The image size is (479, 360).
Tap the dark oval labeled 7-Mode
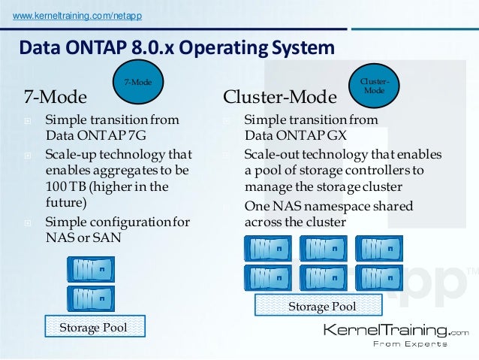click(137, 82)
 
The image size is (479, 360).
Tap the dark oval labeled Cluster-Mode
click(374, 85)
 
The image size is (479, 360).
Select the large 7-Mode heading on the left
click(56, 98)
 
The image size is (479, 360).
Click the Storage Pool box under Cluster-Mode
click(319, 306)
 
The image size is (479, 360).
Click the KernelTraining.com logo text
click(395, 331)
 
